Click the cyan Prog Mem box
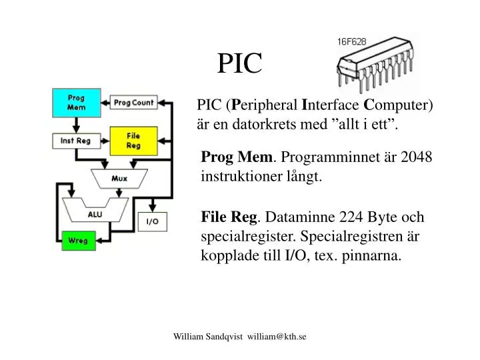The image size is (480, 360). (x=77, y=103)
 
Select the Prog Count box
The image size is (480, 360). (x=133, y=103)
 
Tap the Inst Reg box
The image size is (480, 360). (x=77, y=141)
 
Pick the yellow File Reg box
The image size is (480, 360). (x=133, y=141)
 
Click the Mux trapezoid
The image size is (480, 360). (x=119, y=179)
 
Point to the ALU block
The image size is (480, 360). (x=95, y=211)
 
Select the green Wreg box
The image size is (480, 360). (x=79, y=241)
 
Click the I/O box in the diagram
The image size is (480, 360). (x=153, y=221)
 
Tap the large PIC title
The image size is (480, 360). (x=240, y=63)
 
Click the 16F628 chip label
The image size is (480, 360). (x=352, y=41)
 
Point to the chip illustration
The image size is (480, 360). (x=375, y=64)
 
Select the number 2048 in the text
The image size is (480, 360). (x=416, y=157)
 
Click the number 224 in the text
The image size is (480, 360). (x=351, y=217)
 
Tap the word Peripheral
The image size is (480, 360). (x=264, y=105)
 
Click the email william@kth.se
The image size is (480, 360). (x=277, y=337)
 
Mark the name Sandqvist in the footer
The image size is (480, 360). (x=224, y=337)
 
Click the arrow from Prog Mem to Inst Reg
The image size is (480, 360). (x=76, y=125)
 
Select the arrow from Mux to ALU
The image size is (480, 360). (x=119, y=193)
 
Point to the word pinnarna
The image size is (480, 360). (x=371, y=255)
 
